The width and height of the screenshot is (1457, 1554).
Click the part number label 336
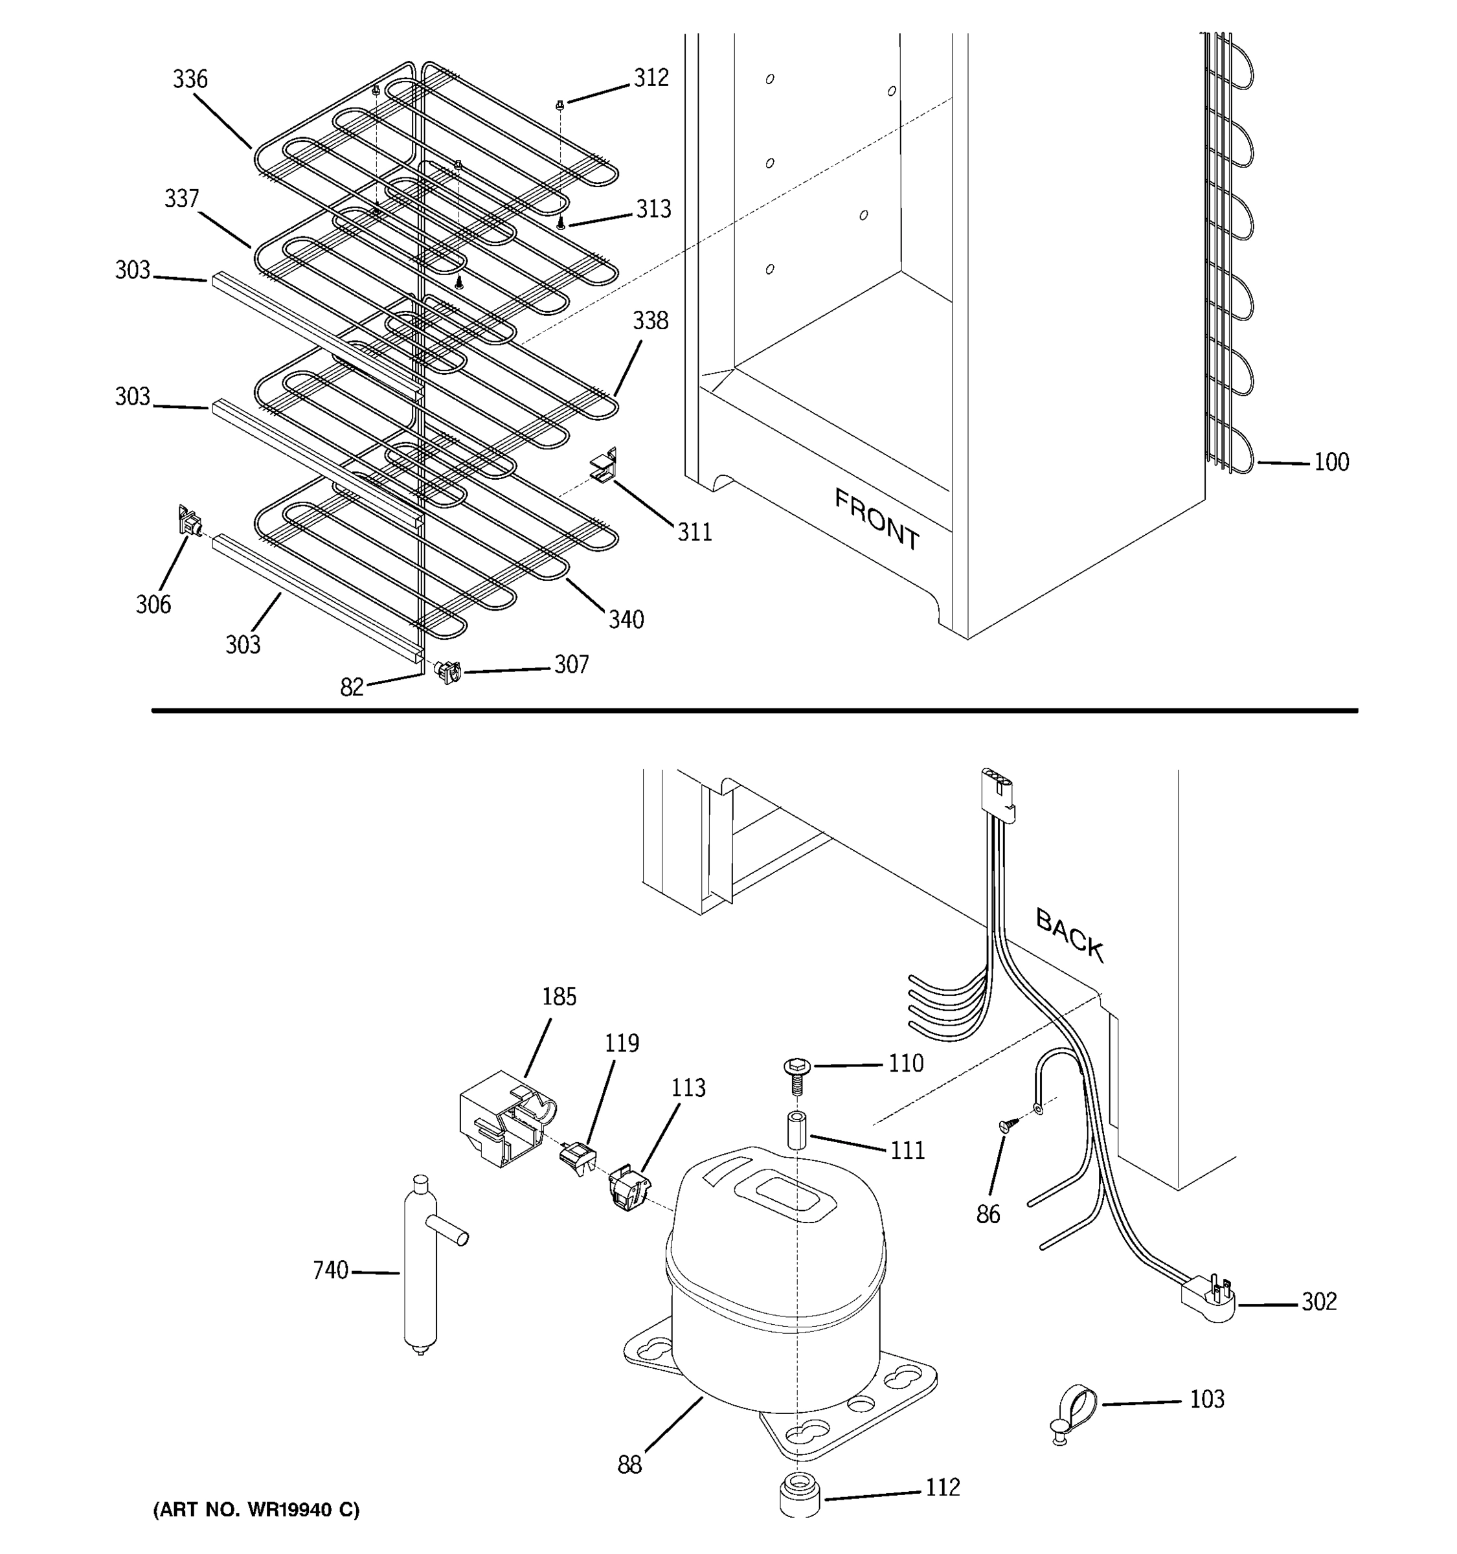click(x=190, y=80)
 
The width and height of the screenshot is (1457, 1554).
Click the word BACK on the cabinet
click(x=1069, y=935)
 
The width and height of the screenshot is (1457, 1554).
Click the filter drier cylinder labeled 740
click(x=420, y=1272)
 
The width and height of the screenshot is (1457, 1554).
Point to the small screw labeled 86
click(x=1008, y=1125)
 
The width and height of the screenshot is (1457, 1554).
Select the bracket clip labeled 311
click(x=604, y=467)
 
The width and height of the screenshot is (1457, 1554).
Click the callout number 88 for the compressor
click(x=629, y=1464)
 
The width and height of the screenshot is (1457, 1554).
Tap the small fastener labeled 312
click(x=559, y=105)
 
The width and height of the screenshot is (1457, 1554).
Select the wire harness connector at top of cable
click(x=998, y=793)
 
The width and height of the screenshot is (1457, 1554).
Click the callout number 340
click(x=626, y=619)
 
